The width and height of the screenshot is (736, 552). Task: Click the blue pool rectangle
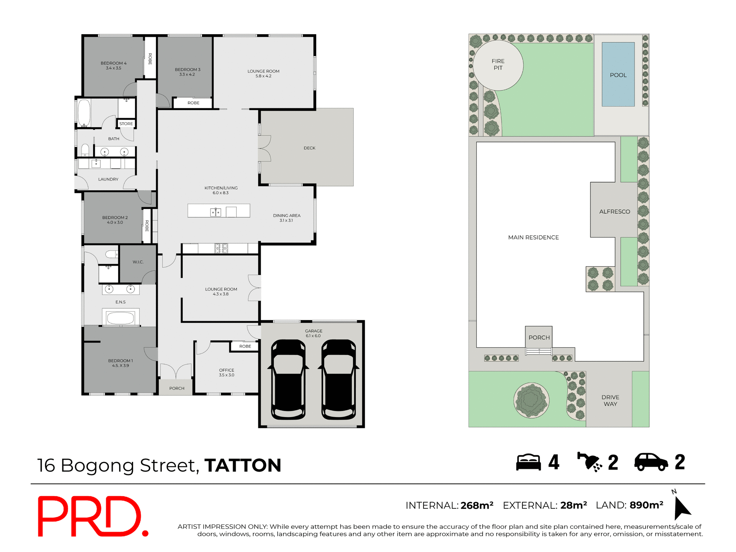pos(618,74)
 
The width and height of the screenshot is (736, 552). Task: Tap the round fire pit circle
pos(498,65)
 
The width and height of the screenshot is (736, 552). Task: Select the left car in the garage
pos(288,379)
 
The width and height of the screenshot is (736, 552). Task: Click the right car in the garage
pos(338,379)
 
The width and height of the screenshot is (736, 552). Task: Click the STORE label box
pos(126,123)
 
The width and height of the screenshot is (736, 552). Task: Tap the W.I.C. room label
pos(138,262)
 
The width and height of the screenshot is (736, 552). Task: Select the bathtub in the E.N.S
pos(120,318)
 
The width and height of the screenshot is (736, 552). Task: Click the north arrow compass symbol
pos(681,507)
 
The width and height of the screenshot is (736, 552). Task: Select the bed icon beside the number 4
pos(528,462)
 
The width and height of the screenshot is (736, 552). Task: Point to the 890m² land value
pos(646,505)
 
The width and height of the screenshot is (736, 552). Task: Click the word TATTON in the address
pos(243,465)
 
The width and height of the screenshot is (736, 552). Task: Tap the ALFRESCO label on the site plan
pos(614,212)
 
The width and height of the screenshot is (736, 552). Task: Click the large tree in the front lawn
pos(531,400)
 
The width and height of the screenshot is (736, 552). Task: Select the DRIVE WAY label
pos(610,400)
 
